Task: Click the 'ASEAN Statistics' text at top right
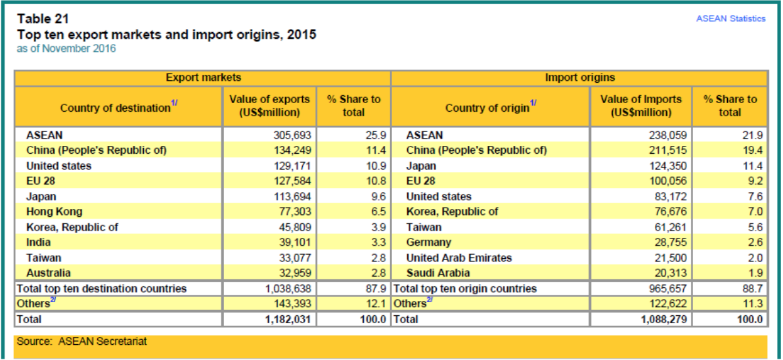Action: coord(730,18)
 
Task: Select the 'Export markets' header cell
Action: coord(203,78)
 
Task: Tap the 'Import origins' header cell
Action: coord(580,78)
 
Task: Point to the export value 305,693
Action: coord(292,135)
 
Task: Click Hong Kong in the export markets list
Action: coord(54,212)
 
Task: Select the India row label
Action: coord(38,242)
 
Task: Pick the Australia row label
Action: coord(49,273)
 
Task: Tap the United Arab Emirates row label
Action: coord(459,258)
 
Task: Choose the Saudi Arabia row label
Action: coord(438,273)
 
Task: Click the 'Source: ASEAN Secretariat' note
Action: coord(82,342)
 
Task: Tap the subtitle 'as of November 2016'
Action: coord(66,49)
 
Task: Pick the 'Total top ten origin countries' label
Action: coord(465,288)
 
